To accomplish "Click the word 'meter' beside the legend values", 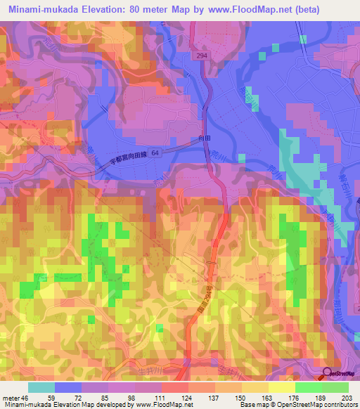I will pos(9,396).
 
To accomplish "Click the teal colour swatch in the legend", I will pos(41,387).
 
